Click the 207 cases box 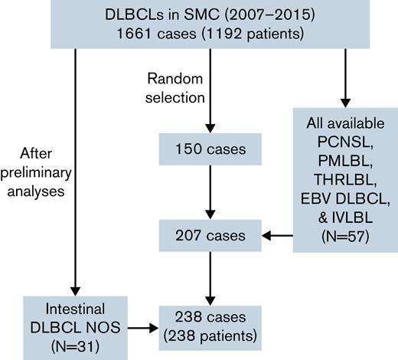pos(210,235)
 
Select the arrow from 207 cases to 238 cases pos(210,277)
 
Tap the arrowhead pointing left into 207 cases pos(267,236)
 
